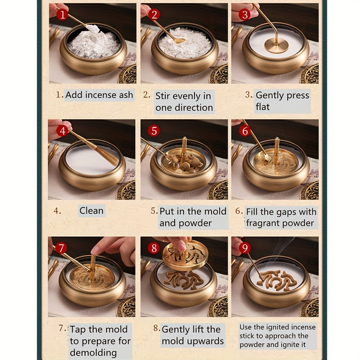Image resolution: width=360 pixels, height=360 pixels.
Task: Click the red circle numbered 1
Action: [x=62, y=15]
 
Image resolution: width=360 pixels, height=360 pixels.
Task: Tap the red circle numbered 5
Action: [x=153, y=131]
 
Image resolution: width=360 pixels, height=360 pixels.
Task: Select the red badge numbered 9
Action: [x=245, y=248]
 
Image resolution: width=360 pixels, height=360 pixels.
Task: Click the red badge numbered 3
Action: [x=244, y=15]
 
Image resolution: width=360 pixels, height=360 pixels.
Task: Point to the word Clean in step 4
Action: [x=91, y=211]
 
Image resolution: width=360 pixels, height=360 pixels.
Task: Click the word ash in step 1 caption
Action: [x=126, y=95]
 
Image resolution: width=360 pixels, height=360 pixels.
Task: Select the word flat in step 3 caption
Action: [x=263, y=107]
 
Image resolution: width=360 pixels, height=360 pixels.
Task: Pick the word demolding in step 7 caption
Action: [x=93, y=353]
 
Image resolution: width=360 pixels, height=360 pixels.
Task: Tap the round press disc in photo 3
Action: [x=276, y=45]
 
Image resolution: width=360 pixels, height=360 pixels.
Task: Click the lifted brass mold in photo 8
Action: [x=185, y=255]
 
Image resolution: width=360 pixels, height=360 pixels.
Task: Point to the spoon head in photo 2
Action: [x=179, y=41]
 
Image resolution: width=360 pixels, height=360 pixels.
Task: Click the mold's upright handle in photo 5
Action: [x=184, y=149]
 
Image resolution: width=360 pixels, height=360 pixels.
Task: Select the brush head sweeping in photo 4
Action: [x=106, y=154]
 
